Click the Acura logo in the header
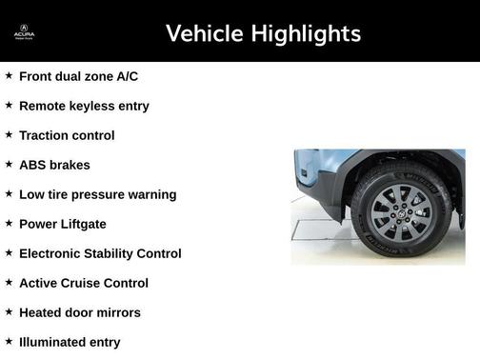(x=24, y=33)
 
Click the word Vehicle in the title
(x=204, y=34)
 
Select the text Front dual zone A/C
(x=78, y=76)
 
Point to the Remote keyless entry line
(x=84, y=106)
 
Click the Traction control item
(x=67, y=135)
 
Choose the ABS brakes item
(x=54, y=165)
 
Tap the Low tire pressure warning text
(x=97, y=194)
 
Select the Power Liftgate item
(x=63, y=224)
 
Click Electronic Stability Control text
(x=100, y=253)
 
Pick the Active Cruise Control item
(x=84, y=283)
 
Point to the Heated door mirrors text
(x=79, y=312)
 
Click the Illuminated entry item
(x=70, y=342)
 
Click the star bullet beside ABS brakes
(x=9, y=164)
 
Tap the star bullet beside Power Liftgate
(x=9, y=223)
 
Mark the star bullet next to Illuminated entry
(x=9, y=341)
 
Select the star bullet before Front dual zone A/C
(x=9, y=75)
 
